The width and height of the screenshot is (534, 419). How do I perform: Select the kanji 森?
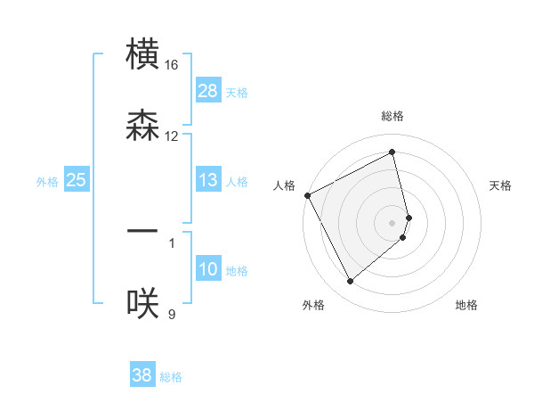click(143, 125)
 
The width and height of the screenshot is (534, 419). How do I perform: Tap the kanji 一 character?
click(143, 231)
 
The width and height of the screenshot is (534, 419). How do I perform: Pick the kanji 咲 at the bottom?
click(143, 302)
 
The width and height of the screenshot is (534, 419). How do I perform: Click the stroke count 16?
click(172, 65)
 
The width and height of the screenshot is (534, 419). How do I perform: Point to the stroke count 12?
click(172, 136)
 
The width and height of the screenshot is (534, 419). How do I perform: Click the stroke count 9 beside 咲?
click(172, 313)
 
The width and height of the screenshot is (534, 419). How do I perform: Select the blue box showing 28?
click(208, 91)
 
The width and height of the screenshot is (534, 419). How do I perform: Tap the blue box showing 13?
click(208, 181)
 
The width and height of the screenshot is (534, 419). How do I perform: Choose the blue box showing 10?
click(208, 269)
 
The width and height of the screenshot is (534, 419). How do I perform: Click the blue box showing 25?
click(76, 181)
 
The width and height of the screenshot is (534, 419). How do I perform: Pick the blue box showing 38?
click(142, 376)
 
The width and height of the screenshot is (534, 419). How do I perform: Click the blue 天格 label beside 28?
click(237, 92)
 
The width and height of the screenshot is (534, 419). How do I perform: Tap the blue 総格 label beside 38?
click(171, 377)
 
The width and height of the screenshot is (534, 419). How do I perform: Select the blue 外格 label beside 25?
click(47, 182)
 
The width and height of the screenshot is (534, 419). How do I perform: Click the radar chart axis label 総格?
click(392, 116)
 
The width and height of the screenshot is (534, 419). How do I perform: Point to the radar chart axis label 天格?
click(501, 185)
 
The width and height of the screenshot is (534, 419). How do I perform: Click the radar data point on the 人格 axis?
click(307, 195)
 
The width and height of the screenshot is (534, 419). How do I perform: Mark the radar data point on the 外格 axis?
click(350, 282)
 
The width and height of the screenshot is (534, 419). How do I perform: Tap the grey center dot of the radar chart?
click(392, 222)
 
